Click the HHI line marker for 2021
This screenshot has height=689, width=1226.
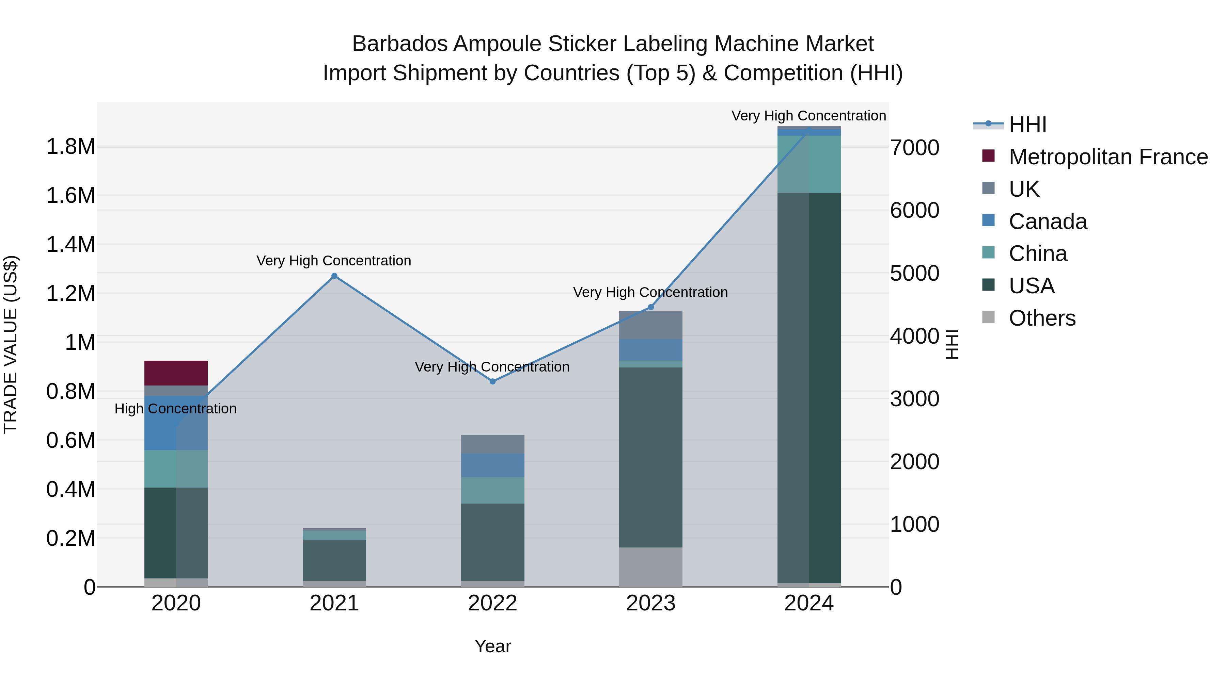[334, 276]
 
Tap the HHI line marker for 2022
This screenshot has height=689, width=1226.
[492, 381]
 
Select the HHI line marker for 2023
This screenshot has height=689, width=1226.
[651, 307]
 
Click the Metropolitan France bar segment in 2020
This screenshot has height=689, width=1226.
[176, 373]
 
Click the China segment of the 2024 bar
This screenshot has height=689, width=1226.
[809, 164]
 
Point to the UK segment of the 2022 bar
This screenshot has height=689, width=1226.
[492, 444]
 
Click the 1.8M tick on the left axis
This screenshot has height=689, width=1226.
[70, 146]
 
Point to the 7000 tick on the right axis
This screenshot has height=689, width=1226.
[915, 148]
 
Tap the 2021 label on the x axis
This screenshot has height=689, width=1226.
[334, 603]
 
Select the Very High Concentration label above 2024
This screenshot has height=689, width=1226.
[808, 116]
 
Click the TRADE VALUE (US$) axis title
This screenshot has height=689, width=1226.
[11, 344]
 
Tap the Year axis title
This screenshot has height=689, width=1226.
[492, 646]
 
